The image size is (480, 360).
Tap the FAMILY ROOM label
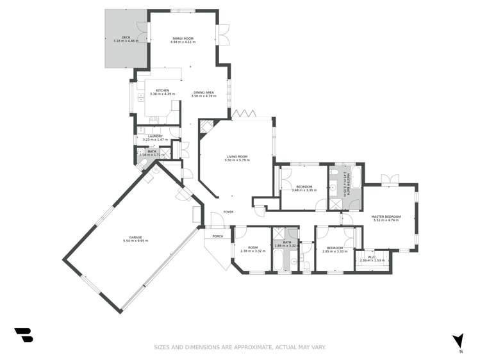tap(183, 38)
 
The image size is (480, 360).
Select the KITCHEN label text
tap(162, 90)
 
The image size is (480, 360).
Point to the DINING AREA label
tap(204, 92)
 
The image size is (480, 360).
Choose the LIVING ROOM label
tap(236, 156)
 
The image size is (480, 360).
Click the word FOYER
tap(228, 211)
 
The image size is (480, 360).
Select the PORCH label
tap(210, 236)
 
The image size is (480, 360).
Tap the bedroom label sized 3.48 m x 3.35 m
tap(304, 186)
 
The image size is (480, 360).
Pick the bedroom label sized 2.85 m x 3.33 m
tap(335, 248)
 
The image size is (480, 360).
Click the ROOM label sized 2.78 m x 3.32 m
tap(252, 248)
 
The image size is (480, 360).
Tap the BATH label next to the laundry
tap(152, 151)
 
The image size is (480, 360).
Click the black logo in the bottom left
tap(23, 335)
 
